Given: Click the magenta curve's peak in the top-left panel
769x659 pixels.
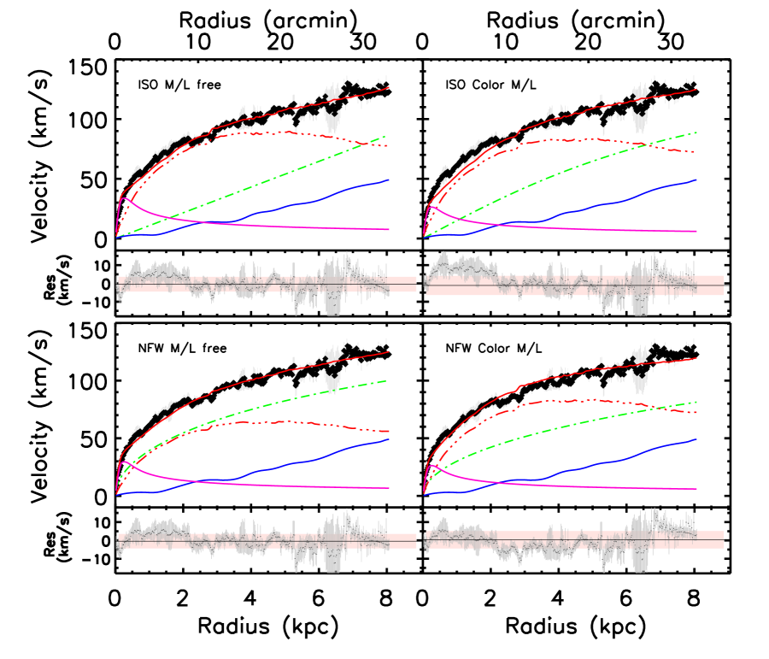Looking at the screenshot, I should [x=125, y=198].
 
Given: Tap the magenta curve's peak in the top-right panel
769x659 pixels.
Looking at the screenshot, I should [x=433, y=207].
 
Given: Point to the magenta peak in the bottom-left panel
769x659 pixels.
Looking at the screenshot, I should [x=126, y=462].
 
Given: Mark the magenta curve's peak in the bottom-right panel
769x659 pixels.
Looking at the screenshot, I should [x=432, y=466].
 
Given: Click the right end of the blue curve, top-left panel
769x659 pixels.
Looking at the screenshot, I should [x=389, y=180].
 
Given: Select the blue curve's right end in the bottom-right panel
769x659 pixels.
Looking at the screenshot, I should [x=696, y=439].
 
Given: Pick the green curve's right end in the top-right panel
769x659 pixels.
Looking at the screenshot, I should [x=696, y=132].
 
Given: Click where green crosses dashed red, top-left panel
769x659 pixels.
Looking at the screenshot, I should [x=365, y=143].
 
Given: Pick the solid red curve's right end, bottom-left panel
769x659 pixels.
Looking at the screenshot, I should [x=389, y=351].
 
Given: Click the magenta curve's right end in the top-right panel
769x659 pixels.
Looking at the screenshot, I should [x=696, y=231].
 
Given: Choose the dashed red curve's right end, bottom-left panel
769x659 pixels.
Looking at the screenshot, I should [x=389, y=432].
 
